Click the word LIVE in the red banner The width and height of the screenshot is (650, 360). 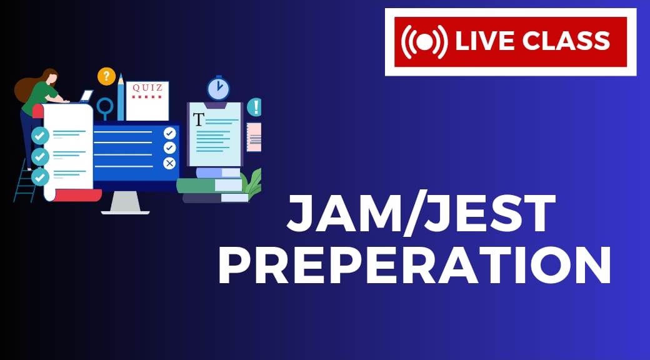[484, 41]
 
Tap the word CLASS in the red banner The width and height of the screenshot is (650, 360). [566, 41]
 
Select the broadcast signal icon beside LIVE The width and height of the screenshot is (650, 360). [424, 41]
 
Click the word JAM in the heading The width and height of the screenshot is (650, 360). [343, 214]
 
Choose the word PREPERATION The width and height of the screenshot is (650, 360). [414, 264]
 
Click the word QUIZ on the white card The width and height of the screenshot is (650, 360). [147, 88]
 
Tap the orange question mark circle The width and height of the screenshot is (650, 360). [106, 76]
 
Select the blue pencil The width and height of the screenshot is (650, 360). [121, 97]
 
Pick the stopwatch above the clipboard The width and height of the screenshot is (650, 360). [219, 88]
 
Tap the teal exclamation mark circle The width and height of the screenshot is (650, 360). [254, 107]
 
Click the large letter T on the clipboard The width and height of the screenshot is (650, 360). [199, 119]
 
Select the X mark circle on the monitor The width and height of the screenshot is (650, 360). [169, 163]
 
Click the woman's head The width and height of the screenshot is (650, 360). [49, 77]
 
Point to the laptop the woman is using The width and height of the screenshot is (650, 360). [86, 97]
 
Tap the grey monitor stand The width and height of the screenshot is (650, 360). [125, 202]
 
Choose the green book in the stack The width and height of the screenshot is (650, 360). [210, 186]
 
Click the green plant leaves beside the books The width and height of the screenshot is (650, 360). [253, 182]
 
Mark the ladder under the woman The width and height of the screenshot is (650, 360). [25, 182]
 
